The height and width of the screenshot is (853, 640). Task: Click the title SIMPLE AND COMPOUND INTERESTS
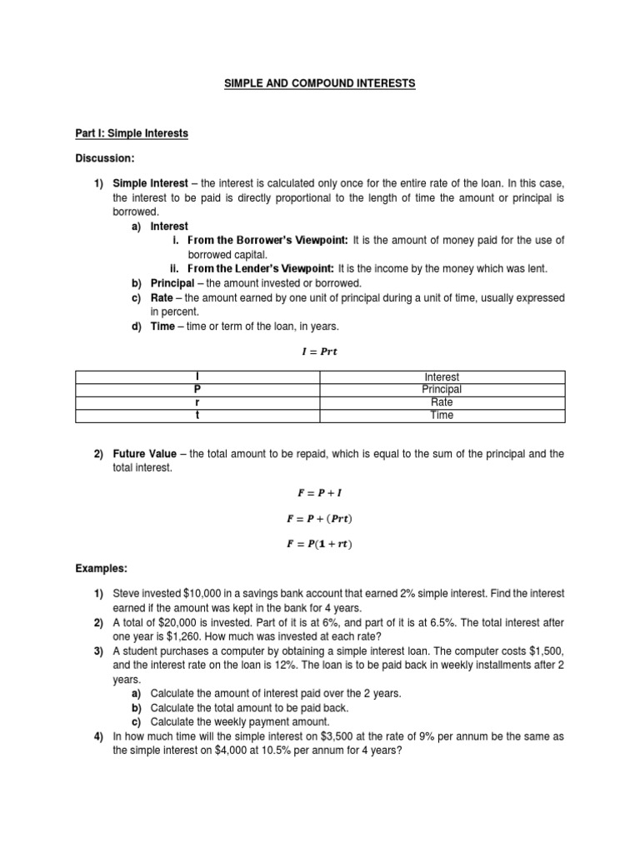point(319,84)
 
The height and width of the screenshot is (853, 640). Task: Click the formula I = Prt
point(319,352)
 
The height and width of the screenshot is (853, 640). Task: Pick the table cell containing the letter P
point(197,389)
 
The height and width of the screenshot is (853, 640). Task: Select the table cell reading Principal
point(442,389)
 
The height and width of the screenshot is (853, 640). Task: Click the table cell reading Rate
point(442,402)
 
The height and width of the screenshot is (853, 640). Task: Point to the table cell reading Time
point(442,415)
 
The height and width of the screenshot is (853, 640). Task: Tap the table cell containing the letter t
point(197,415)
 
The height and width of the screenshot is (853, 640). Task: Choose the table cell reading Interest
point(442,377)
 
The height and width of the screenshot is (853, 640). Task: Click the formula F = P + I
point(319,492)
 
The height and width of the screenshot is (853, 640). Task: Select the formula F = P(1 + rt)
point(319,546)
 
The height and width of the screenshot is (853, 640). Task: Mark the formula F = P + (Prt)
point(319,519)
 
